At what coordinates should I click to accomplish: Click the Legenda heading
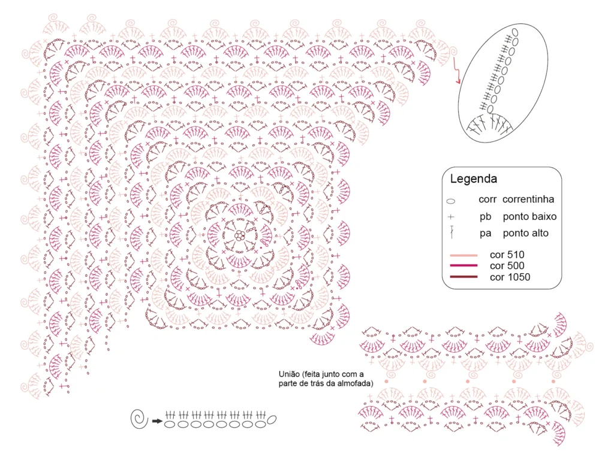(x=474, y=179)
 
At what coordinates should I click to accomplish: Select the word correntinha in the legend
(x=528, y=199)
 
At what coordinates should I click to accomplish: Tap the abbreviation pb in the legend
(x=485, y=217)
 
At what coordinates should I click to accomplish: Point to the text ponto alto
(x=525, y=233)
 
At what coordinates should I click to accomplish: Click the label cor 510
(x=507, y=255)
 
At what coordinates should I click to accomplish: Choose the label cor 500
(x=507, y=265)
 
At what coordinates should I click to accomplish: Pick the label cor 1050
(x=510, y=277)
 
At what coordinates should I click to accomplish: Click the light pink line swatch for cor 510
(x=463, y=255)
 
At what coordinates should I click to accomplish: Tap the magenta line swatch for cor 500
(x=463, y=265)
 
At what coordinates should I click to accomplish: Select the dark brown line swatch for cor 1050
(x=463, y=277)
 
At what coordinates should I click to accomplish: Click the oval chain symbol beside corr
(x=451, y=201)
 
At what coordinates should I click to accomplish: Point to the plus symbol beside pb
(x=451, y=217)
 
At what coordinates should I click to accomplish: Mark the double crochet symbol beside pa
(x=452, y=232)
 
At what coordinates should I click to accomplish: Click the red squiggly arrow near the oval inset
(x=456, y=71)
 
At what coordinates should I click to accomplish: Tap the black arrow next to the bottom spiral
(x=157, y=421)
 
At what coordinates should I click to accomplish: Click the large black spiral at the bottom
(x=139, y=419)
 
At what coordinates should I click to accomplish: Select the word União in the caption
(x=289, y=374)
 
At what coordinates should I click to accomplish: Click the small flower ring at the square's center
(x=240, y=235)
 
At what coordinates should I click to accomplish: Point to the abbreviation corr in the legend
(x=487, y=199)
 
